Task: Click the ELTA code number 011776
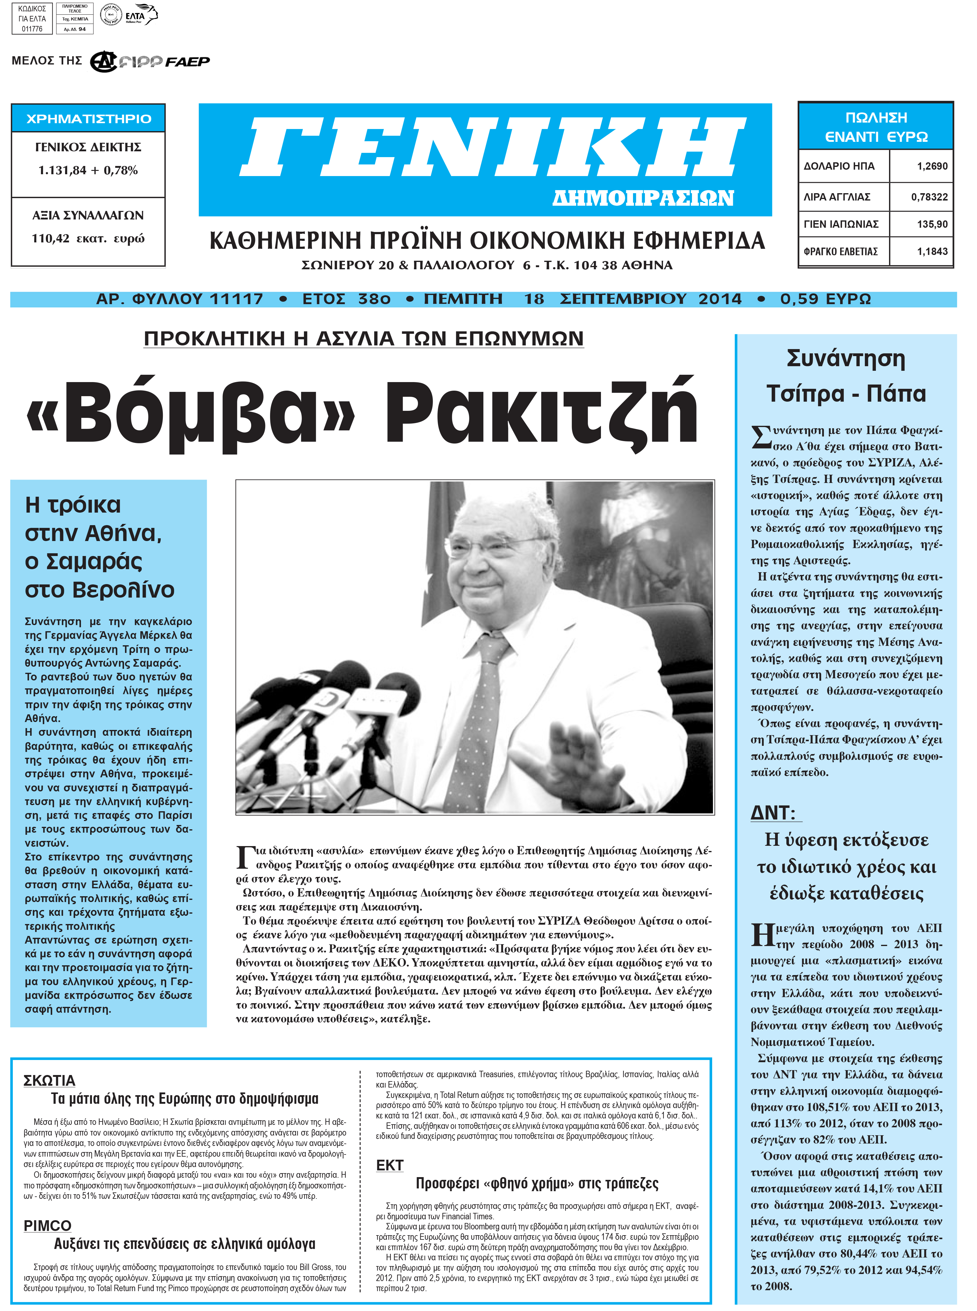[x=32, y=28]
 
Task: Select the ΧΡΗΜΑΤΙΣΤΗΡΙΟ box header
[x=89, y=118]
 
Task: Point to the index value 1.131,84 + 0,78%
[x=88, y=170]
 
